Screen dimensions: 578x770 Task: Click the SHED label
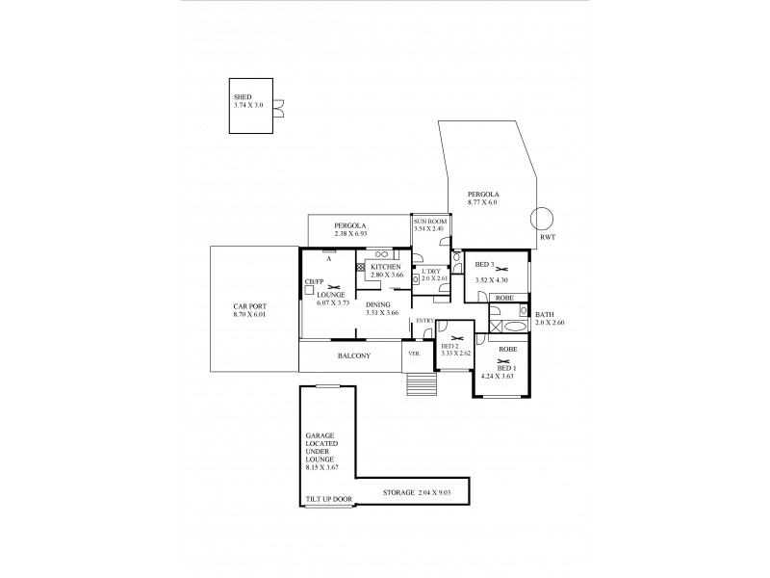(242, 97)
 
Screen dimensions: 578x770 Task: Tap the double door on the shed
(278, 107)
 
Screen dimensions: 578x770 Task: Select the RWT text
(547, 237)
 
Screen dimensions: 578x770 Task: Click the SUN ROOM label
(428, 223)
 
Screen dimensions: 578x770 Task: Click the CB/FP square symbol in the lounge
(310, 290)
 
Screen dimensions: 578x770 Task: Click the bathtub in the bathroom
(510, 311)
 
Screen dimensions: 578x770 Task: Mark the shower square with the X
(497, 328)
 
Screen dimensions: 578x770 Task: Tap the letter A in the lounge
(328, 259)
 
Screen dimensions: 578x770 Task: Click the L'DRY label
(429, 271)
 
